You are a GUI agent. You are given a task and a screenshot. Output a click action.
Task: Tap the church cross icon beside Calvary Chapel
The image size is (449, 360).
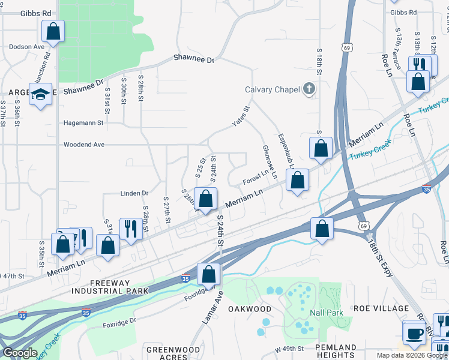tap(309, 89)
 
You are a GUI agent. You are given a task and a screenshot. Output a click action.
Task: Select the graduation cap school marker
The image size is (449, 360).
tap(41, 94)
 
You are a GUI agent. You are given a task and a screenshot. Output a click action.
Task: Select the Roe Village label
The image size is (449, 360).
tap(381, 308)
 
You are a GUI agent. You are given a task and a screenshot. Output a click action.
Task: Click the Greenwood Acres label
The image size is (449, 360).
tap(173, 353)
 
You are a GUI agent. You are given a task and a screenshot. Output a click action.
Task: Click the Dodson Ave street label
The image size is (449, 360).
tap(26, 46)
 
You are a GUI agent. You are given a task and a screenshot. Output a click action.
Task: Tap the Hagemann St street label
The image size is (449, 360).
tap(83, 122)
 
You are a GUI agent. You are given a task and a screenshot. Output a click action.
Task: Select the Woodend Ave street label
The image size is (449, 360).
tap(84, 145)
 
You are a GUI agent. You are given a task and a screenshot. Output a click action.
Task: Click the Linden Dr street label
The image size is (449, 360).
tap(134, 193)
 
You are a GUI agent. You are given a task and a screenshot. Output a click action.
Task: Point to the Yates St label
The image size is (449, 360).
tap(241, 117)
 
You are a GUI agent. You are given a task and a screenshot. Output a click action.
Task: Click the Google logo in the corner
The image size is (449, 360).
tap(19, 353)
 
